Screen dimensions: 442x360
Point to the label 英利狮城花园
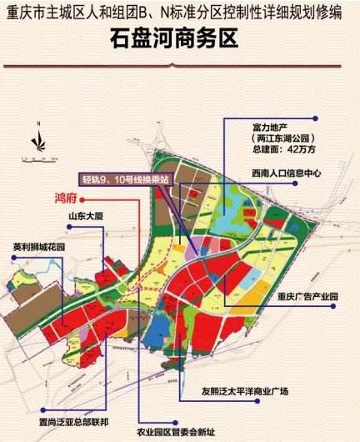click(x=39, y=248)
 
